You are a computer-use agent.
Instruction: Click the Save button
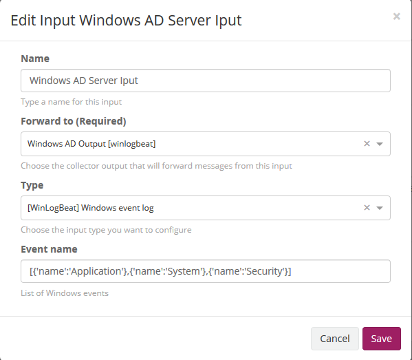(x=382, y=339)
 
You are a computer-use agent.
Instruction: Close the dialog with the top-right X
(x=396, y=17)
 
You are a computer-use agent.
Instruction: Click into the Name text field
(x=206, y=81)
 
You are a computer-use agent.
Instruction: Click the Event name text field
(x=206, y=271)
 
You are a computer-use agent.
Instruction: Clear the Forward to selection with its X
(x=367, y=144)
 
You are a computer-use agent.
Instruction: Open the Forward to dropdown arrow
(x=380, y=144)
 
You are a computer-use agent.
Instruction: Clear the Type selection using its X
(x=367, y=208)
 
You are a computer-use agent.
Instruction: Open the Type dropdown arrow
(x=380, y=208)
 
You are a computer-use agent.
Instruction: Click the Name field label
(x=35, y=59)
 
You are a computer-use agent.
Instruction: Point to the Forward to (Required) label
(x=74, y=121)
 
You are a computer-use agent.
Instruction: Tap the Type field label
(x=32, y=185)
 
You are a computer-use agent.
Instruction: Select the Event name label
(x=49, y=249)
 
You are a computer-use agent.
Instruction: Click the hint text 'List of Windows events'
(x=65, y=293)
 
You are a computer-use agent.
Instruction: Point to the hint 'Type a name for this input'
(x=72, y=102)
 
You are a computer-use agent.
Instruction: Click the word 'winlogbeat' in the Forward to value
(x=132, y=144)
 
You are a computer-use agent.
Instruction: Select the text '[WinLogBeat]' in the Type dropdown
(x=53, y=208)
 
